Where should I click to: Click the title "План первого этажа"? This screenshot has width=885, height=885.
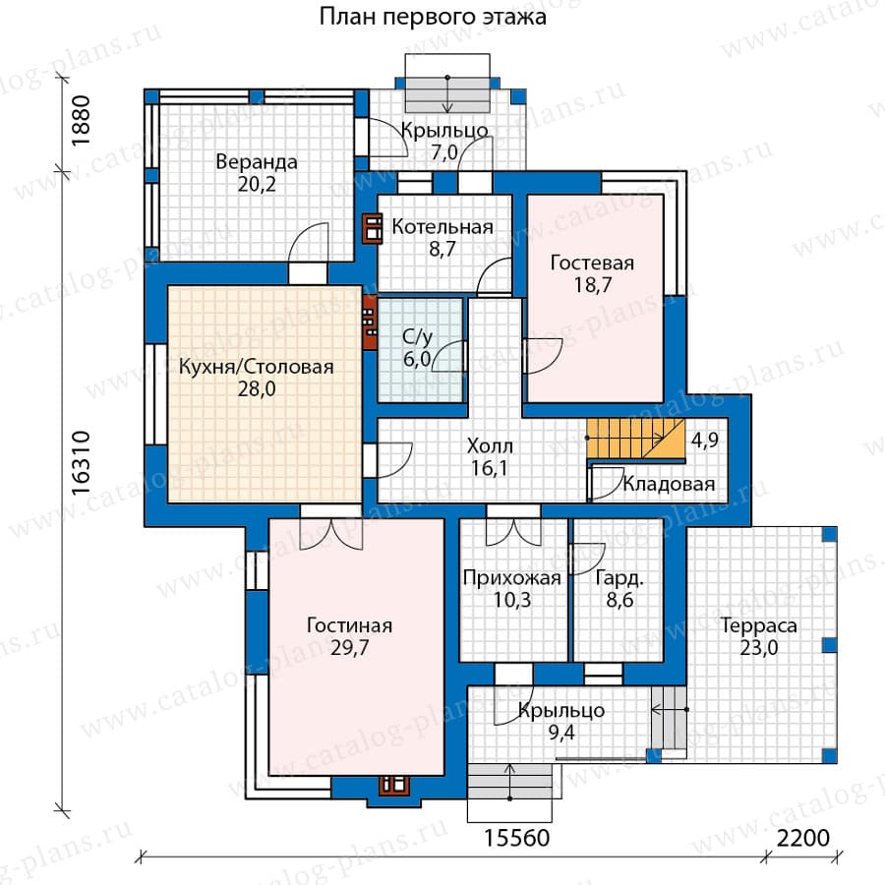433,17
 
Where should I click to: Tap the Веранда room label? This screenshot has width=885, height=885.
257,162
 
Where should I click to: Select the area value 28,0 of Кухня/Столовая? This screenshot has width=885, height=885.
257,388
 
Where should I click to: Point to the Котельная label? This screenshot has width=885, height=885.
442,227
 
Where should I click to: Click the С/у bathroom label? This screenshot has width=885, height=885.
418,337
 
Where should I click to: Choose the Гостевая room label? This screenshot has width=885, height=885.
592,263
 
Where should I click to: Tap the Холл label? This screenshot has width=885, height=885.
490,446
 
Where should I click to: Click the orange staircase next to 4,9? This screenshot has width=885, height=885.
635,439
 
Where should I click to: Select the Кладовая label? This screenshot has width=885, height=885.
669,484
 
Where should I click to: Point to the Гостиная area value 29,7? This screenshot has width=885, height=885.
349,647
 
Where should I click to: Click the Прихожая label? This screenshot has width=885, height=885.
512,578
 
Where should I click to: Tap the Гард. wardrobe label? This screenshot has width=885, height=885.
619,578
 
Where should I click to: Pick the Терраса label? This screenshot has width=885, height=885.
759,626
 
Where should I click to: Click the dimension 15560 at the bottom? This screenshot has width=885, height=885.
516,838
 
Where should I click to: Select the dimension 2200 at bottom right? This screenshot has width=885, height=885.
803,838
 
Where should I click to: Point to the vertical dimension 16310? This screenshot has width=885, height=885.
82,463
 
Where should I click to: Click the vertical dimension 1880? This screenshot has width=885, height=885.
82,120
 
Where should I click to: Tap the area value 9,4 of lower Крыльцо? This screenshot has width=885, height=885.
561,733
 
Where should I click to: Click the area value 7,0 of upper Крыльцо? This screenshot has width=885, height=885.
444,152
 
